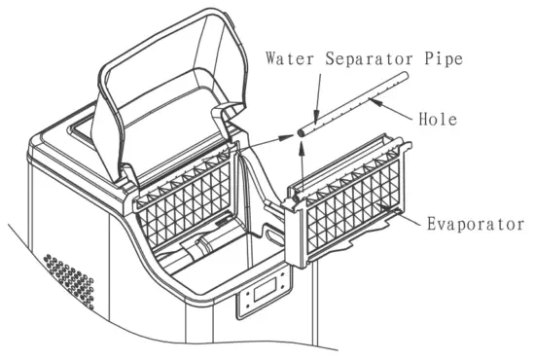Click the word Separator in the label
point(359,56)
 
